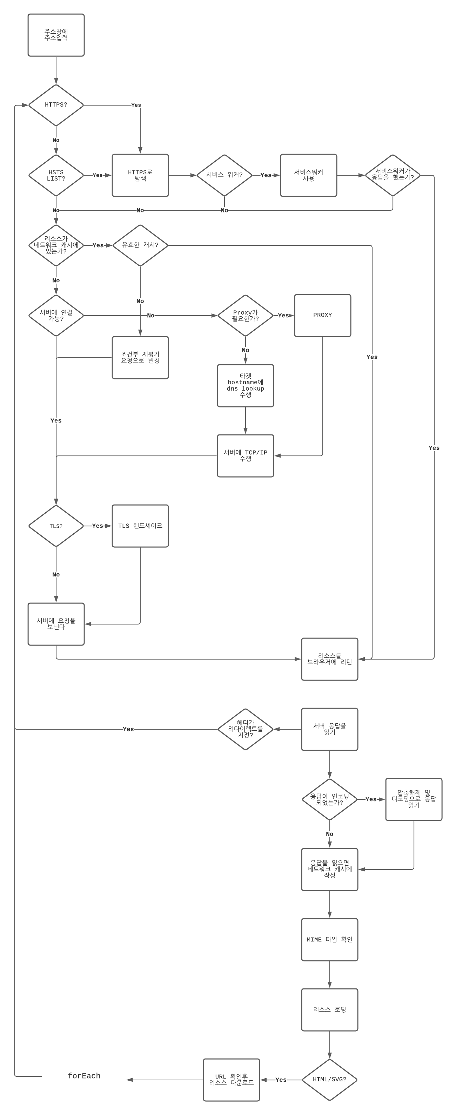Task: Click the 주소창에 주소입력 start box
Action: pyautogui.click(x=56, y=35)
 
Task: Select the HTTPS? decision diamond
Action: pyautogui.click(x=56, y=105)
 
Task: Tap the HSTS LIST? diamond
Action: pyautogui.click(x=56, y=175)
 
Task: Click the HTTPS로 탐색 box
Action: pyautogui.click(x=140, y=175)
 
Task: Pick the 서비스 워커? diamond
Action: pyautogui.click(x=224, y=175)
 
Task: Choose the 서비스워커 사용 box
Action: pyautogui.click(x=308, y=175)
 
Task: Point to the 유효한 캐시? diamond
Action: pyautogui.click(x=140, y=245)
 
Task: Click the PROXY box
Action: pyautogui.click(x=322, y=316)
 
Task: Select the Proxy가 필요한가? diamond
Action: pyautogui.click(x=245, y=316)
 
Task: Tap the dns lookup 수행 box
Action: pyautogui.click(x=245, y=386)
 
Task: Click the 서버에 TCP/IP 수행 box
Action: pyautogui.click(x=245, y=456)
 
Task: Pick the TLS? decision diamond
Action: pyautogui.click(x=56, y=526)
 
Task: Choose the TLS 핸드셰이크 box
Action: pyautogui.click(x=140, y=526)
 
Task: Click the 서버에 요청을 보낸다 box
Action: pyautogui.click(x=56, y=624)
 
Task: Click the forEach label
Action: pyautogui.click(x=84, y=1076)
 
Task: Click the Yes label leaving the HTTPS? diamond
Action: pyautogui.click(x=136, y=105)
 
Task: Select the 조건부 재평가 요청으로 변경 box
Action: pyautogui.click(x=140, y=358)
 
